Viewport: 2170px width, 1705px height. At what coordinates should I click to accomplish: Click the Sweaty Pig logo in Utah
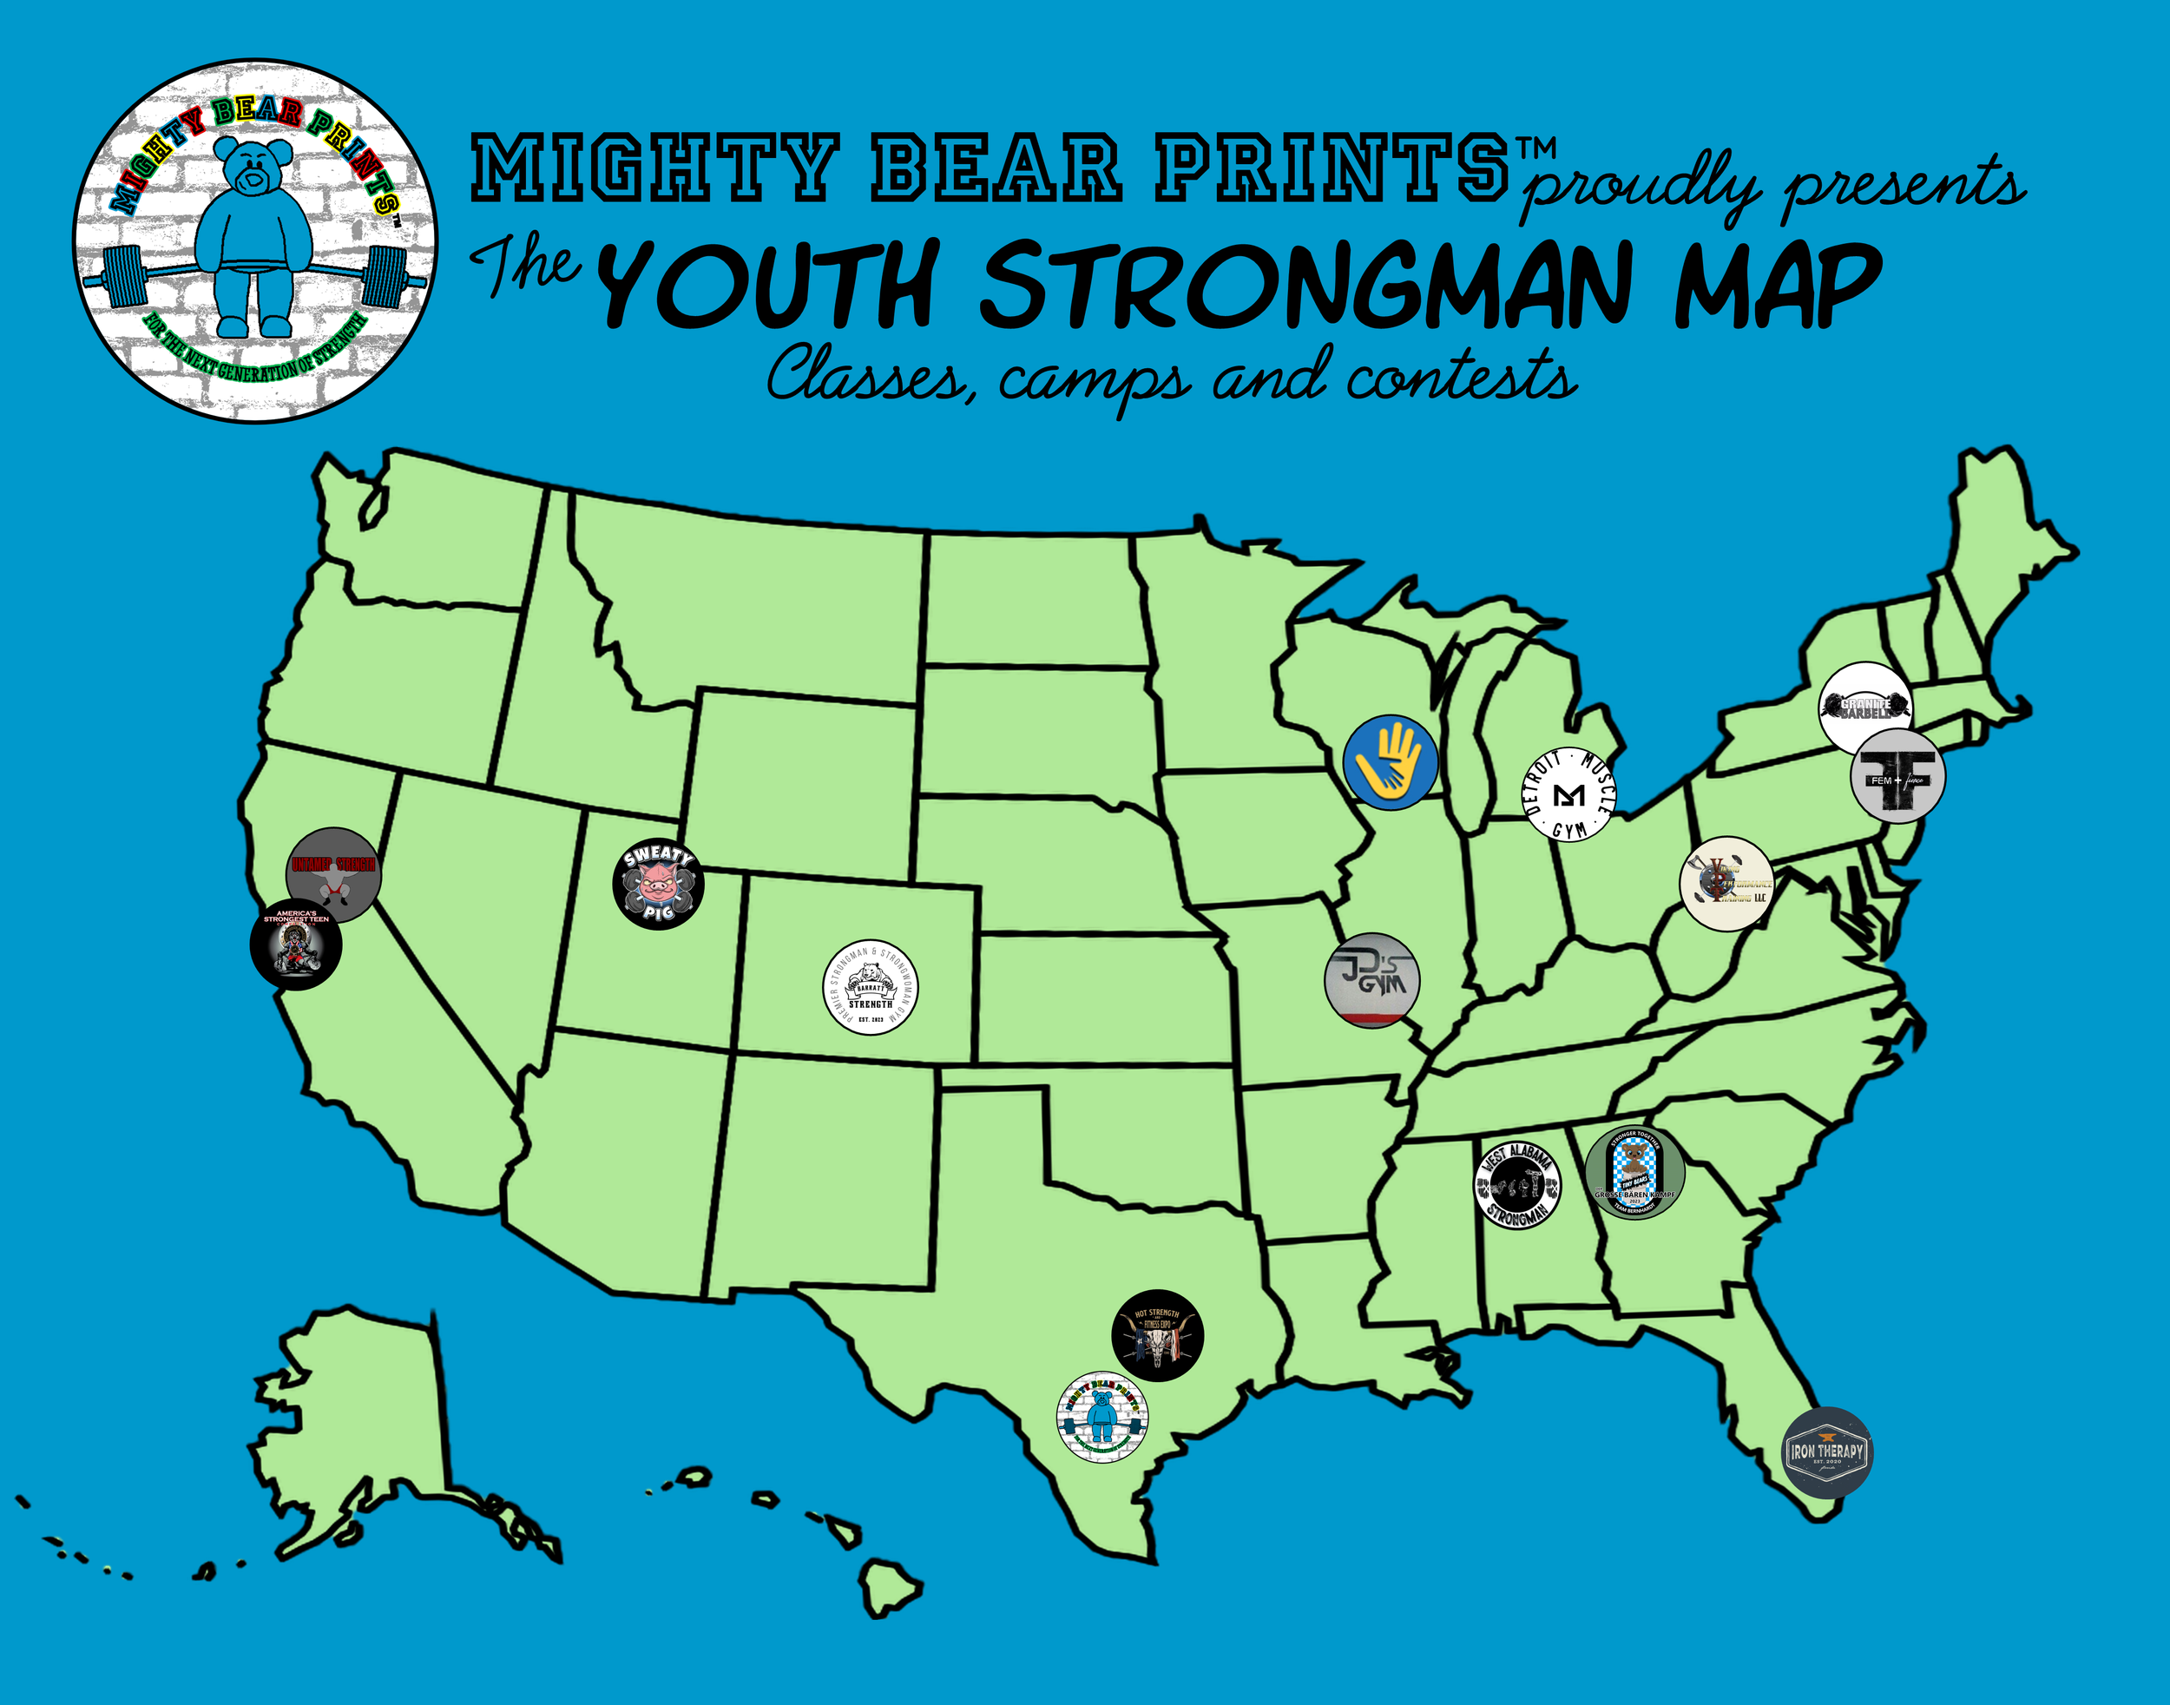658,884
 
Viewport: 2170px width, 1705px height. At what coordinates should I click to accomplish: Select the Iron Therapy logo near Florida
1826,1452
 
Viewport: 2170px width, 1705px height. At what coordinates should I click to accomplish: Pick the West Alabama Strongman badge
1517,1185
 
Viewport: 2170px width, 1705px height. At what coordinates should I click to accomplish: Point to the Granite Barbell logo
1864,706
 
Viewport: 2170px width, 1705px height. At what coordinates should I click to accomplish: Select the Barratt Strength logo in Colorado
870,987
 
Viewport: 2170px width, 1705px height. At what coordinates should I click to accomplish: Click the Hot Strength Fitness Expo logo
1158,1334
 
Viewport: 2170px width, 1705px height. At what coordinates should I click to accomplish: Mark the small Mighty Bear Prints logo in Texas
1102,1417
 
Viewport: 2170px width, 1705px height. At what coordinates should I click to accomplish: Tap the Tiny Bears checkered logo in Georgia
1634,1173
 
